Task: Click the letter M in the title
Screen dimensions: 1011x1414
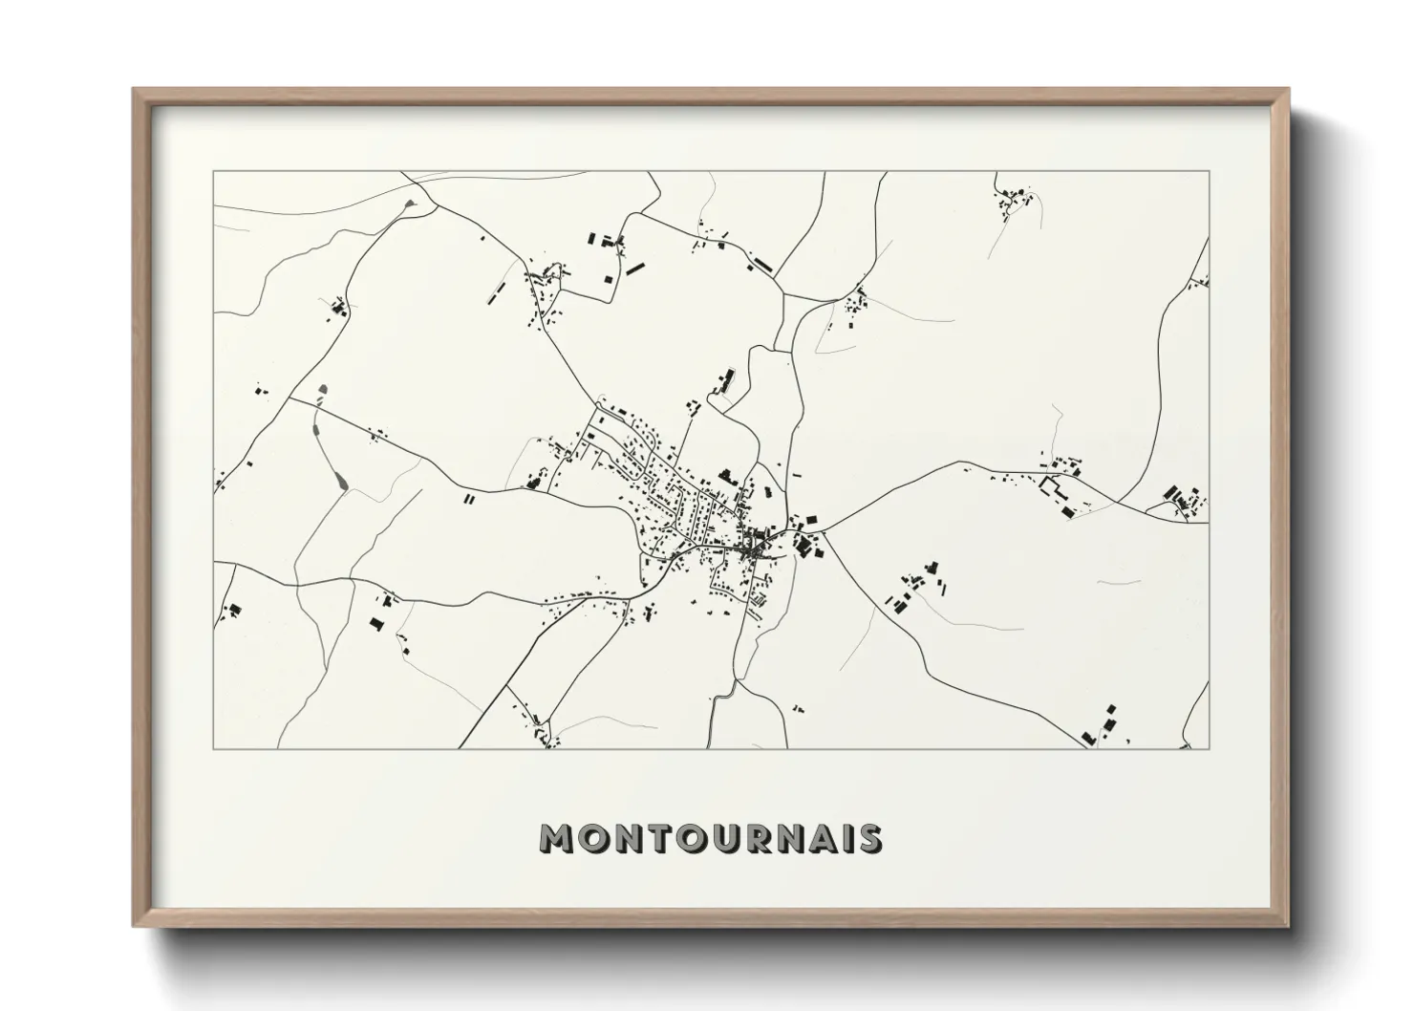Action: (x=560, y=838)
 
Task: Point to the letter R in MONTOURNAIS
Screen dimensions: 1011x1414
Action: (x=761, y=838)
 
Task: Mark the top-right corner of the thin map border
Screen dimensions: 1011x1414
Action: (x=1209, y=172)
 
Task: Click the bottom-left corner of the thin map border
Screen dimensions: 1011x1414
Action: (x=214, y=748)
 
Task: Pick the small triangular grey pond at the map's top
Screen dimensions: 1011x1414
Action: (x=411, y=204)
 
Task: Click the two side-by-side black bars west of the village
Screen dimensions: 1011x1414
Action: (x=468, y=498)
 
